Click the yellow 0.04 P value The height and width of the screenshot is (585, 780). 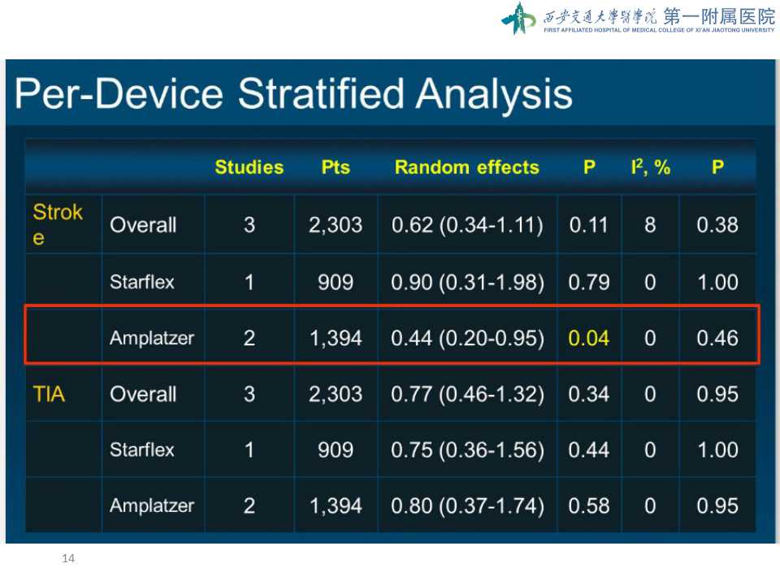point(588,338)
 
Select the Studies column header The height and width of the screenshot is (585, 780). point(249,167)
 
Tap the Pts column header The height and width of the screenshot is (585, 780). point(336,167)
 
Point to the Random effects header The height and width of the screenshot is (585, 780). point(467,167)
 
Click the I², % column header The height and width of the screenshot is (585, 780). point(650,167)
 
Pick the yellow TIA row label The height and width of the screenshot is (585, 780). point(49,394)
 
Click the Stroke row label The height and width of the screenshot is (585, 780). point(57,224)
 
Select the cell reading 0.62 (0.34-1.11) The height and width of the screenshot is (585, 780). point(467,225)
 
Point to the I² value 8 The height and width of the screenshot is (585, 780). point(650,225)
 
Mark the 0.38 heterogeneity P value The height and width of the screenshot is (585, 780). point(717,225)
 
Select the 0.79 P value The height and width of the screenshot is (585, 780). point(589,282)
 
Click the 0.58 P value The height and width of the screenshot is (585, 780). point(589,506)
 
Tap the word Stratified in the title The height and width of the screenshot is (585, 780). point(321,93)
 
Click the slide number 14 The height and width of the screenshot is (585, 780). point(68,558)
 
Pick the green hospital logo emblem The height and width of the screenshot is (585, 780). point(519,19)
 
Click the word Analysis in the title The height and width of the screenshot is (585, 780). point(495,94)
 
